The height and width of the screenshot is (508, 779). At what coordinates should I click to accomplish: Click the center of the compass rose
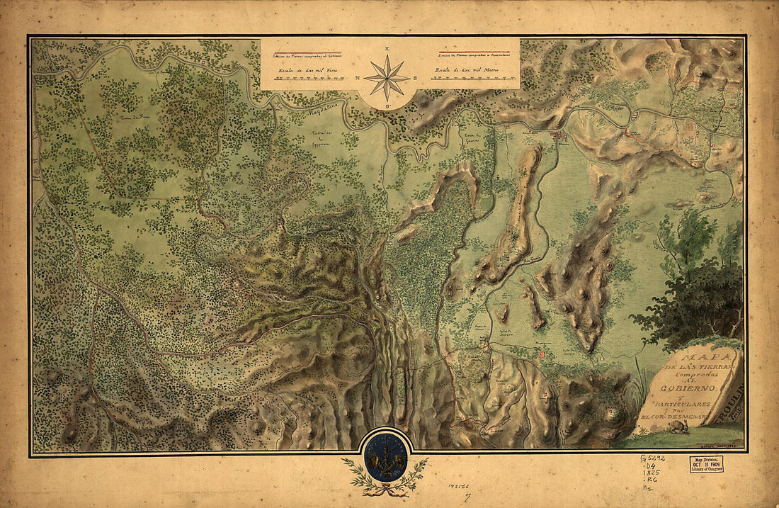(x=387, y=78)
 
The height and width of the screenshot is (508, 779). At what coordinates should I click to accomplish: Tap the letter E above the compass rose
(x=387, y=49)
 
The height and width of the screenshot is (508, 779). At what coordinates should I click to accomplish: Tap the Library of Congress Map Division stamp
(x=707, y=465)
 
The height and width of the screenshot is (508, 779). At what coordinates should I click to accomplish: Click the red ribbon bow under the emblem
(x=385, y=488)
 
